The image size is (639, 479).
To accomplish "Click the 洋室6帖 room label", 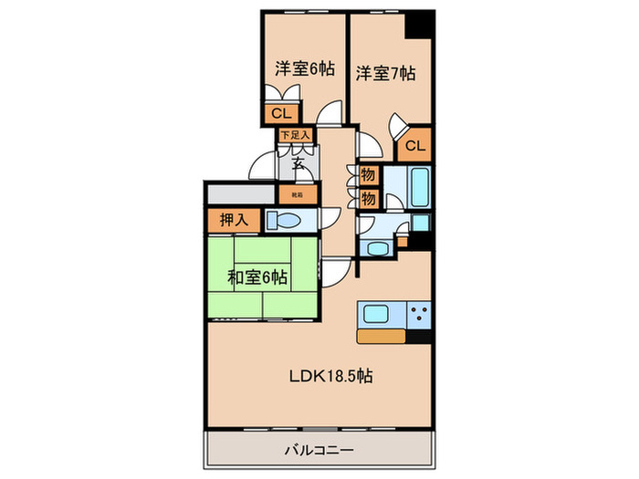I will click(302, 68).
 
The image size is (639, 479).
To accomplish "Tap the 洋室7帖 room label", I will click(385, 73).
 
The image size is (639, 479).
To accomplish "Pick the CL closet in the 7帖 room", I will click(414, 145).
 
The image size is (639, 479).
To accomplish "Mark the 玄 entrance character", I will click(299, 164).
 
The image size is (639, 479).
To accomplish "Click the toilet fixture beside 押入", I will click(286, 220).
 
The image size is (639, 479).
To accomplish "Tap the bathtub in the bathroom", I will click(422, 187).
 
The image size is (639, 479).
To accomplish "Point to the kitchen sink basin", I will click(377, 313).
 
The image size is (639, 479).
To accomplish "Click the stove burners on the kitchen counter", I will click(419, 316).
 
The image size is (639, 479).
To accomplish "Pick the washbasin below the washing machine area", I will click(376, 246).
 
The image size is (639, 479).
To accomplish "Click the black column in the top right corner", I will click(420, 25).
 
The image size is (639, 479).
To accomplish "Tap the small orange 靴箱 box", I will click(299, 194).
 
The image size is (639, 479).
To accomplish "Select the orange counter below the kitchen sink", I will click(382, 336).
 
